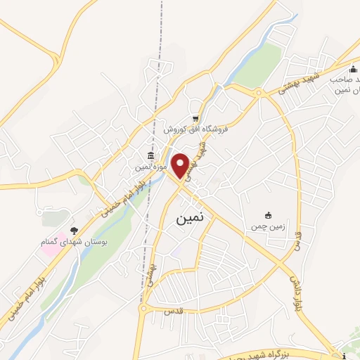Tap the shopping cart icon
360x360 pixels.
pos(195,119)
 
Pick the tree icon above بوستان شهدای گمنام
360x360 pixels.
pos(75,230)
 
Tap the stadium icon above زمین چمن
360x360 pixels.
pos(267,215)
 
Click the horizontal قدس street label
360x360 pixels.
pos(168,310)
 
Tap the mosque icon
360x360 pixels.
pos(353,68)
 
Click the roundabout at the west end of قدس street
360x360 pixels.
pos(143,308)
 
